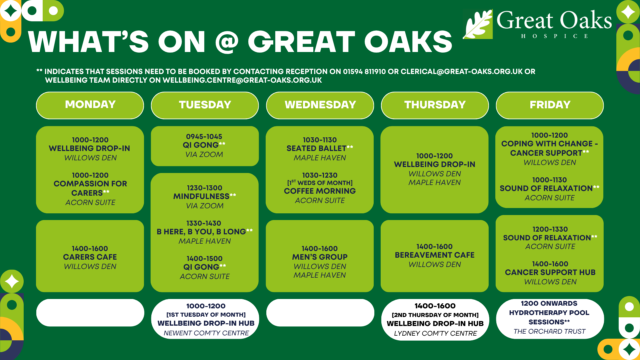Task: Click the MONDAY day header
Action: (90, 105)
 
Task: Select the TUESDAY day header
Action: (205, 105)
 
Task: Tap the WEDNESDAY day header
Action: (320, 105)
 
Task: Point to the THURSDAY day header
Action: (435, 105)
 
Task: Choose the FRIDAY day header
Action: (550, 105)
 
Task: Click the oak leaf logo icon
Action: (478, 24)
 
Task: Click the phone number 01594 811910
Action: (364, 72)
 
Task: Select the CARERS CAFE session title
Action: (90, 257)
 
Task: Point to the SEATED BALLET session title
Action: (316, 148)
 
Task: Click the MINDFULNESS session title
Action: (201, 196)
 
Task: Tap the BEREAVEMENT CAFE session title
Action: (435, 255)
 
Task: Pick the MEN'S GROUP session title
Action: (320, 257)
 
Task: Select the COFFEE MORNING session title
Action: (320, 191)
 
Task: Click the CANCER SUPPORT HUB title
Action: (550, 272)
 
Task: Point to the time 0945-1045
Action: (204, 137)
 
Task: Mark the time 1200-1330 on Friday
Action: (550, 229)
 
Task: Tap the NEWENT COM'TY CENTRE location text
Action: (206, 333)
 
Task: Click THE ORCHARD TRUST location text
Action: (549, 331)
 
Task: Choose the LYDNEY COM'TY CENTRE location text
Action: (435, 333)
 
